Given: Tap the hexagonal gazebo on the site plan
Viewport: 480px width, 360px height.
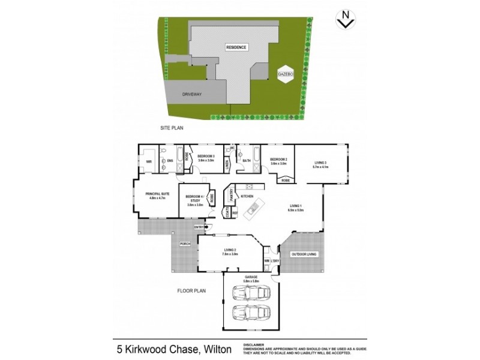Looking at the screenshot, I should [284, 73].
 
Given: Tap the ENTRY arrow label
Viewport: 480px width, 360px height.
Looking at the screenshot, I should [199, 227].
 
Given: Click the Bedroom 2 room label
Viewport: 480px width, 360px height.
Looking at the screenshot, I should [279, 160].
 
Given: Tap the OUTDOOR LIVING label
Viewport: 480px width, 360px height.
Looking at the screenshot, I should [304, 254].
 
